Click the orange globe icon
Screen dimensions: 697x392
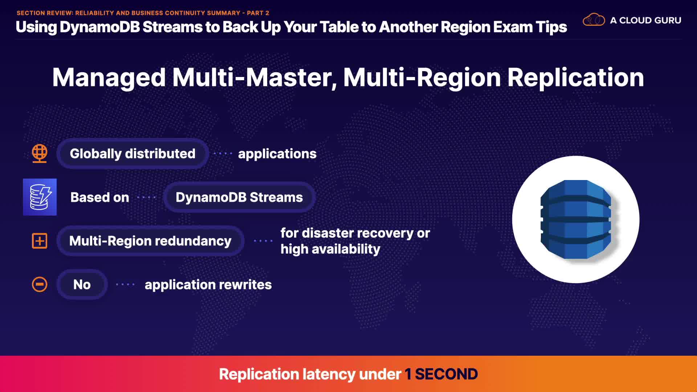tap(40, 154)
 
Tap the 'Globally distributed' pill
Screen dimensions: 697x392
tap(133, 154)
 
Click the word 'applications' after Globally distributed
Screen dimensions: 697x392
tap(277, 154)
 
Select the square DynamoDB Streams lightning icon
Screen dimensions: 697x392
tap(40, 197)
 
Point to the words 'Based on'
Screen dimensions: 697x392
tap(100, 197)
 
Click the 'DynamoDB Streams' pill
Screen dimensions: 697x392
tap(239, 197)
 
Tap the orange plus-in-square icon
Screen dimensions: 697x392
tap(40, 241)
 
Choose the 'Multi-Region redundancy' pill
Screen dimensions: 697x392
tap(150, 241)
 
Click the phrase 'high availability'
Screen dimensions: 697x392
tap(330, 249)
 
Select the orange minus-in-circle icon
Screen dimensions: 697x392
tap(40, 285)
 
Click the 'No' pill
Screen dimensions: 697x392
tap(82, 285)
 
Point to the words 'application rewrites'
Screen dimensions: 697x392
tap(208, 285)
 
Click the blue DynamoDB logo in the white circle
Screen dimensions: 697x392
tap(576, 220)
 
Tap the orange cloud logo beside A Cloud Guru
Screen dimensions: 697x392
tap(594, 20)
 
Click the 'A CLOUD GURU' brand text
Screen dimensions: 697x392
tap(645, 20)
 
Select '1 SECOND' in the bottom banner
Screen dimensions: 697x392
tap(441, 374)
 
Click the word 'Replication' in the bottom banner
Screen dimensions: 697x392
tap(258, 374)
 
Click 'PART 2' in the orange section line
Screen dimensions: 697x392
tap(258, 13)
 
